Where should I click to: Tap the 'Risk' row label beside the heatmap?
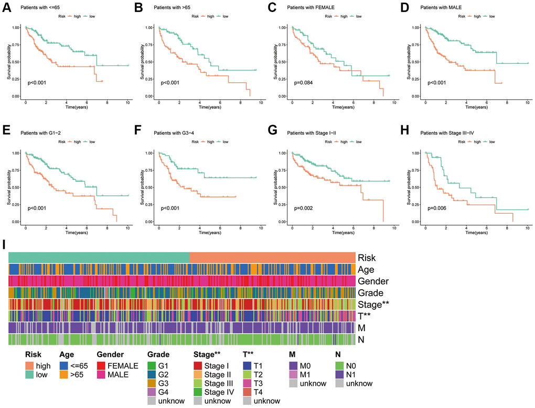[367, 258]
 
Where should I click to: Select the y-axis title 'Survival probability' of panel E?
[8, 187]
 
